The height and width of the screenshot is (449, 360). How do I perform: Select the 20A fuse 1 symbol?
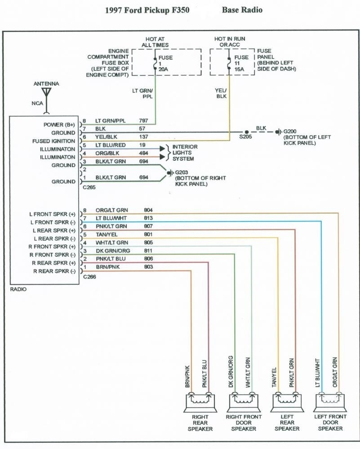click(155, 64)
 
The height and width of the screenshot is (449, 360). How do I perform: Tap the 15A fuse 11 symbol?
click(229, 63)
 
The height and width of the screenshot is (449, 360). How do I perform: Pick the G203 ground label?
click(181, 172)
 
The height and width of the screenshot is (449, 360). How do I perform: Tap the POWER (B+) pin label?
click(59, 124)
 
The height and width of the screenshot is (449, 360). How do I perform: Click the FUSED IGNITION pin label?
click(53, 141)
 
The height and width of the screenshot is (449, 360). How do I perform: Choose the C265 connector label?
click(89, 187)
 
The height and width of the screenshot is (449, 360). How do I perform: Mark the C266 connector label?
click(89, 277)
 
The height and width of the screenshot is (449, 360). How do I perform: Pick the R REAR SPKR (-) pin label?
click(53, 271)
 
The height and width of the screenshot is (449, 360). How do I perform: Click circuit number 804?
click(148, 210)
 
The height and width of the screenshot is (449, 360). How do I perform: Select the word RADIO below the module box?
click(18, 290)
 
